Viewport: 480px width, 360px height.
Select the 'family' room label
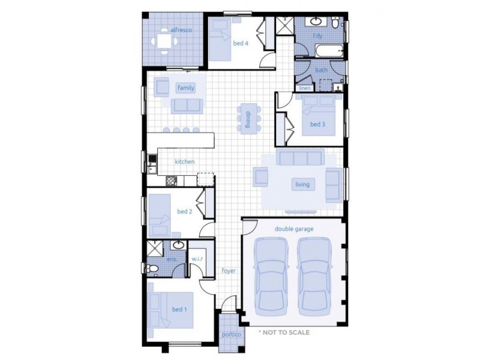185,88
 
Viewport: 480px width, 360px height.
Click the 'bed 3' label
317,124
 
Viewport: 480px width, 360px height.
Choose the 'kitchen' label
184,161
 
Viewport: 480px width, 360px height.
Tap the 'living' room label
302,184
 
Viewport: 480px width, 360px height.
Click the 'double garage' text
294,229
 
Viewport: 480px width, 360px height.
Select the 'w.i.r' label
198,259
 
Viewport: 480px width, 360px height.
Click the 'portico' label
231,335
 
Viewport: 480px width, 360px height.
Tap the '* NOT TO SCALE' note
284,332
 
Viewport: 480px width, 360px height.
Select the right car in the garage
315,273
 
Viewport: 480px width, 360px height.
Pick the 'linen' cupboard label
305,88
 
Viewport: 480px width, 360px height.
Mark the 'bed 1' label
179,309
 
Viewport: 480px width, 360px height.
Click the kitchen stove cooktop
170,180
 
